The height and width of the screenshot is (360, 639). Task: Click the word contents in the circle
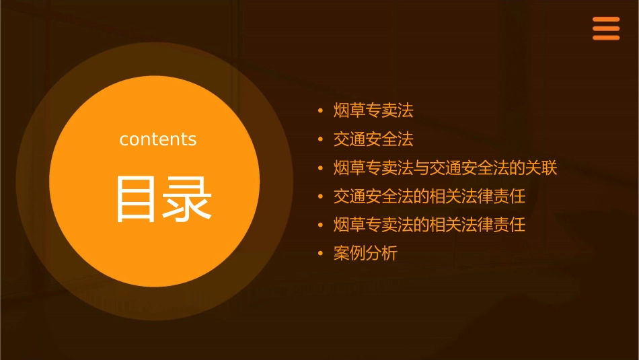click(x=158, y=139)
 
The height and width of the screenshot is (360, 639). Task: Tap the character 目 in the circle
click(x=136, y=199)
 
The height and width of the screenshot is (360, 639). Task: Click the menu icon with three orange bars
click(x=605, y=29)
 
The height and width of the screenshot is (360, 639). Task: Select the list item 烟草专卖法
click(x=373, y=110)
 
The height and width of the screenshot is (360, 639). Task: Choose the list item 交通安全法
click(x=373, y=139)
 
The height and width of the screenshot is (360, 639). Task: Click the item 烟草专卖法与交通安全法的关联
click(x=445, y=168)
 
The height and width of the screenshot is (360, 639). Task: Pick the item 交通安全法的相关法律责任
click(x=429, y=196)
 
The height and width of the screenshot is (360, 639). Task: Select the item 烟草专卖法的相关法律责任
click(x=429, y=225)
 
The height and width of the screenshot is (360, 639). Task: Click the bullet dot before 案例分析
click(x=320, y=254)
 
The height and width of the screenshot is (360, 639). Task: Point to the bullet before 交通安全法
click(x=320, y=139)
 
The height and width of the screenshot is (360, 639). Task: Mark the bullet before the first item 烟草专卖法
click(x=320, y=110)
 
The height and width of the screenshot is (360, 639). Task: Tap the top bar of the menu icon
click(x=605, y=20)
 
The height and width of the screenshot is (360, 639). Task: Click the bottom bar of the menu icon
click(x=605, y=38)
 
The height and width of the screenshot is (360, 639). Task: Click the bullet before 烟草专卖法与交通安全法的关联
click(x=320, y=168)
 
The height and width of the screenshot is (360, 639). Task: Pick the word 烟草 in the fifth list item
click(x=350, y=225)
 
